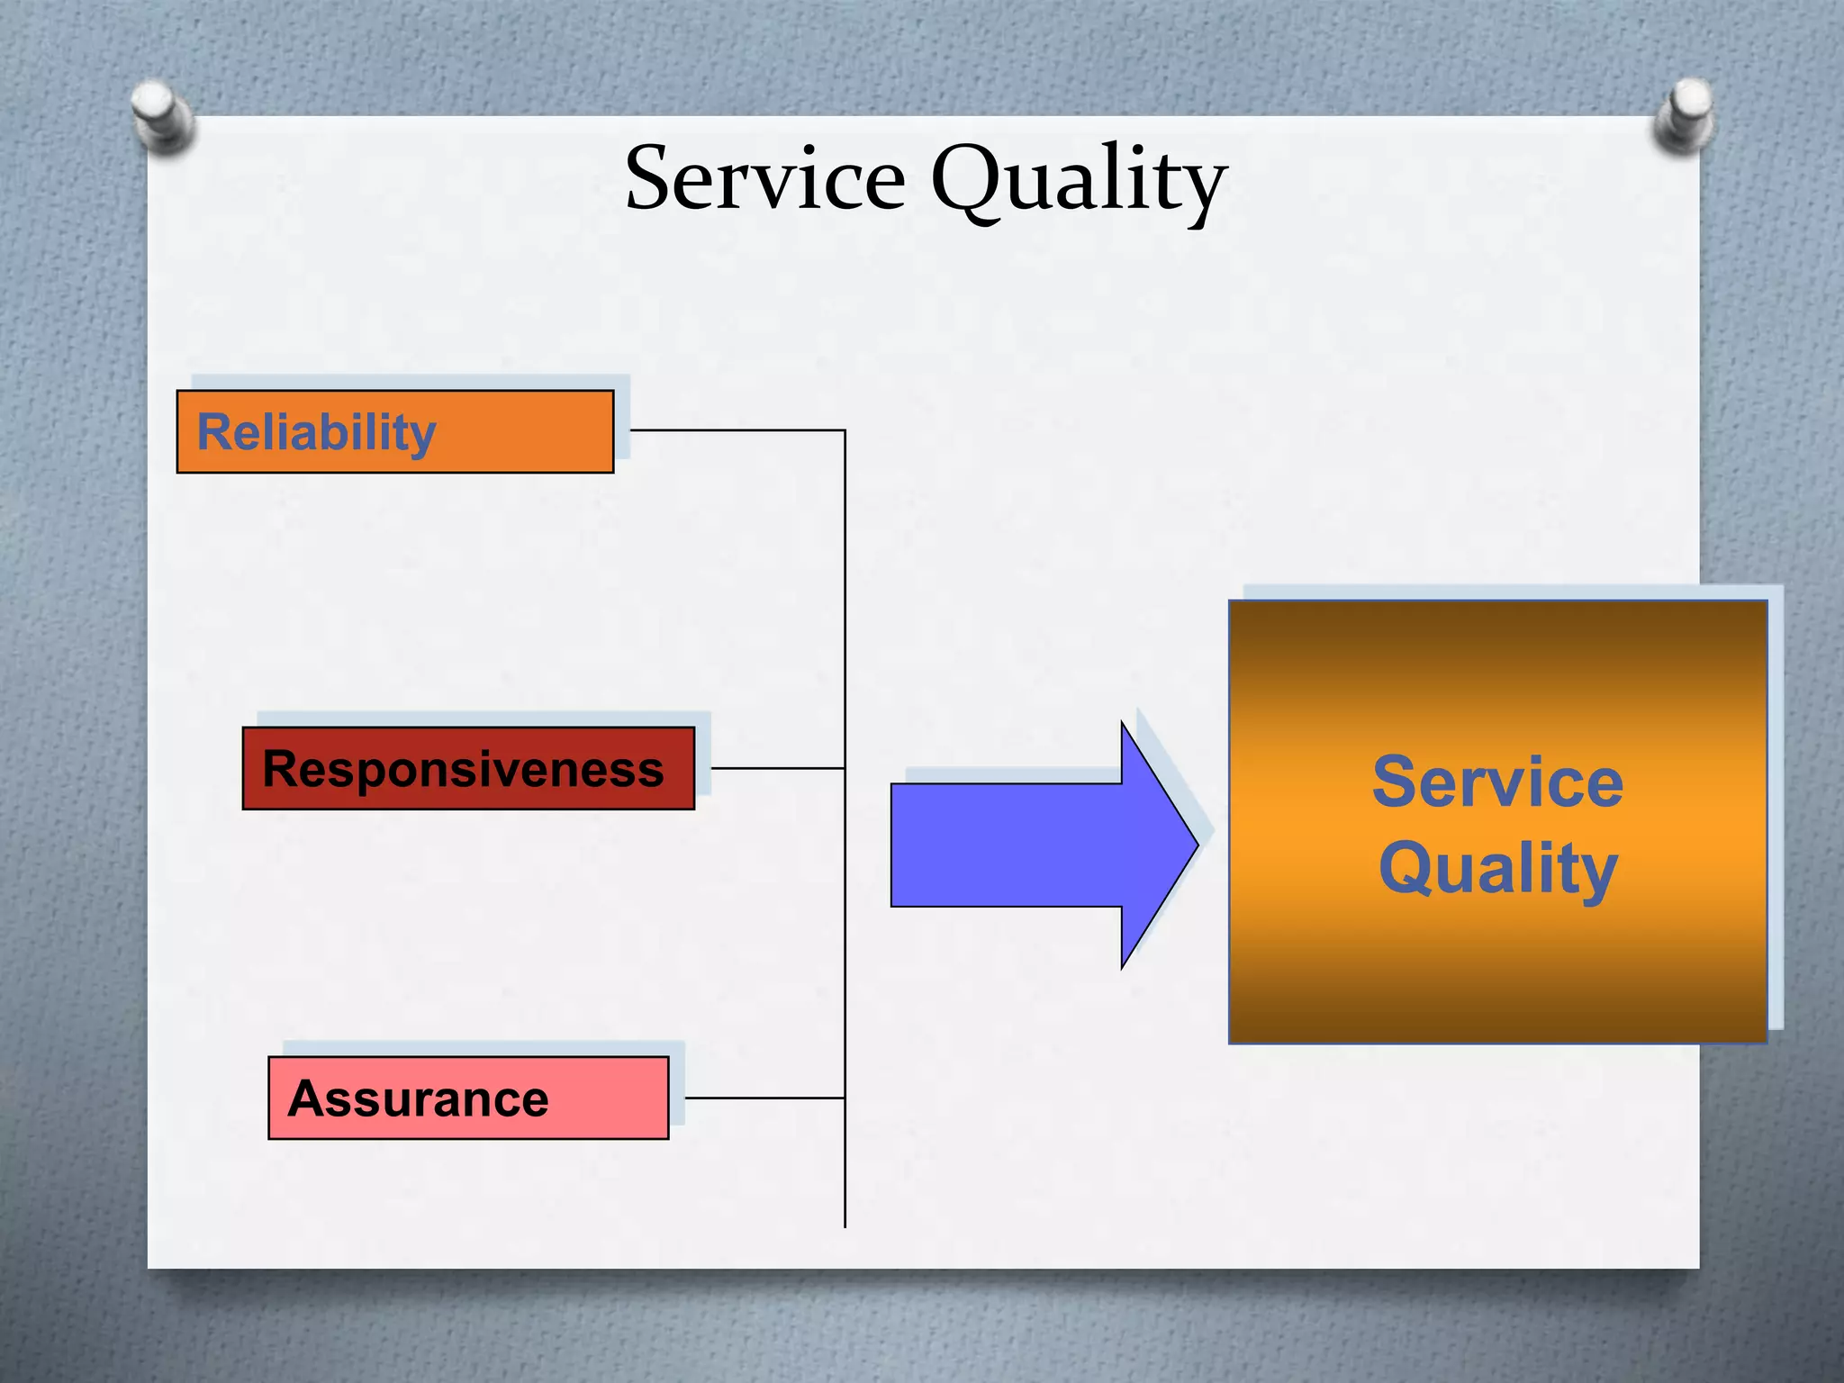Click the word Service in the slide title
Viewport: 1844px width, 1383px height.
pyautogui.click(x=764, y=179)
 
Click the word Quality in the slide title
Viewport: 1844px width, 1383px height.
pyautogui.click(x=1078, y=179)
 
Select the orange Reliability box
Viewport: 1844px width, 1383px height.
pyautogui.click(x=394, y=431)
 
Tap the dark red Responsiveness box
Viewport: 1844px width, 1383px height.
pyautogui.click(x=468, y=769)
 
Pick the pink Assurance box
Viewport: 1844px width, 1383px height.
pyautogui.click(x=468, y=1098)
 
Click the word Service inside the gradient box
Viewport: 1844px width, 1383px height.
pyautogui.click(x=1497, y=782)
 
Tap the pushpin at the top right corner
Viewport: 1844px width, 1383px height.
pyautogui.click(x=1684, y=113)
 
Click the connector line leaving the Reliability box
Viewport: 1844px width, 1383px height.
pyautogui.click(x=738, y=430)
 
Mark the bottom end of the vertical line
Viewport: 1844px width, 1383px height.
pyautogui.click(x=845, y=1225)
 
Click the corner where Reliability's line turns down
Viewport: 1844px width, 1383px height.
pyautogui.click(x=845, y=431)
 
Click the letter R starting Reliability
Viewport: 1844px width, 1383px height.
pyautogui.click(x=215, y=432)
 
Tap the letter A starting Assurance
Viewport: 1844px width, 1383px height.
pyautogui.click(x=307, y=1098)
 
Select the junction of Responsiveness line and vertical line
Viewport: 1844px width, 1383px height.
pyautogui.click(x=845, y=768)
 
